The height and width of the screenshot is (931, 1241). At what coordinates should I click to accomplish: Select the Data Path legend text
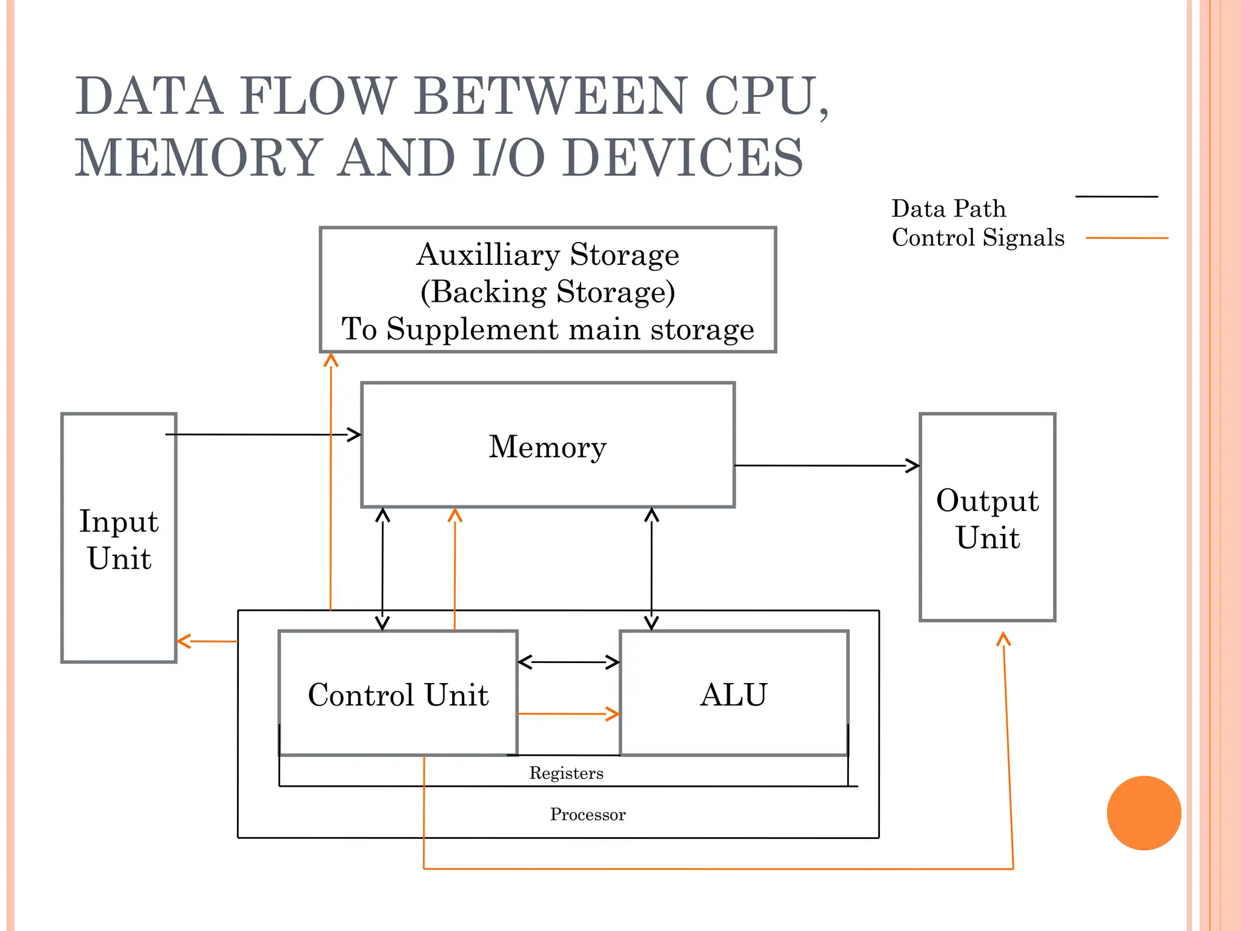[x=948, y=209]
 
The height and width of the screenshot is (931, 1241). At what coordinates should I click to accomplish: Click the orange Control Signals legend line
[x=1126, y=238]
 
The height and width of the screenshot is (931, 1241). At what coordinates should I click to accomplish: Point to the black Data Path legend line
[x=1116, y=196]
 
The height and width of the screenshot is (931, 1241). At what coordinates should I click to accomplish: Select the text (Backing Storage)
[x=547, y=292]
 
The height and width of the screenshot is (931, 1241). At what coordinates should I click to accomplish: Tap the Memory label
[x=547, y=447]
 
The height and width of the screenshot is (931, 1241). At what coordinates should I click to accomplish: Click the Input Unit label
[x=119, y=539]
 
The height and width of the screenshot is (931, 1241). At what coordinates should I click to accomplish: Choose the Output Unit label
[x=987, y=519]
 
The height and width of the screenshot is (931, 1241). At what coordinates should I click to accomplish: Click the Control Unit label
[x=398, y=695]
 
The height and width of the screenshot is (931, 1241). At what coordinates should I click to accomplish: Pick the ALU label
[x=733, y=695]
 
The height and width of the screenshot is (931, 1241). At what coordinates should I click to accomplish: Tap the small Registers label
[x=566, y=773]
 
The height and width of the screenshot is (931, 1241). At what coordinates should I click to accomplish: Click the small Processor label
[x=587, y=814]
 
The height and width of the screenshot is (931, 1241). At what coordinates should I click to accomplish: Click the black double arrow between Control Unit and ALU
[x=568, y=662]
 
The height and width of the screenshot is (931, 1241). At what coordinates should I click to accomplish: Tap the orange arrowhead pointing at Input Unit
[x=184, y=641]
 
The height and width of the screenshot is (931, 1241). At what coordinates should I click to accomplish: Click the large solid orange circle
[x=1143, y=813]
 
